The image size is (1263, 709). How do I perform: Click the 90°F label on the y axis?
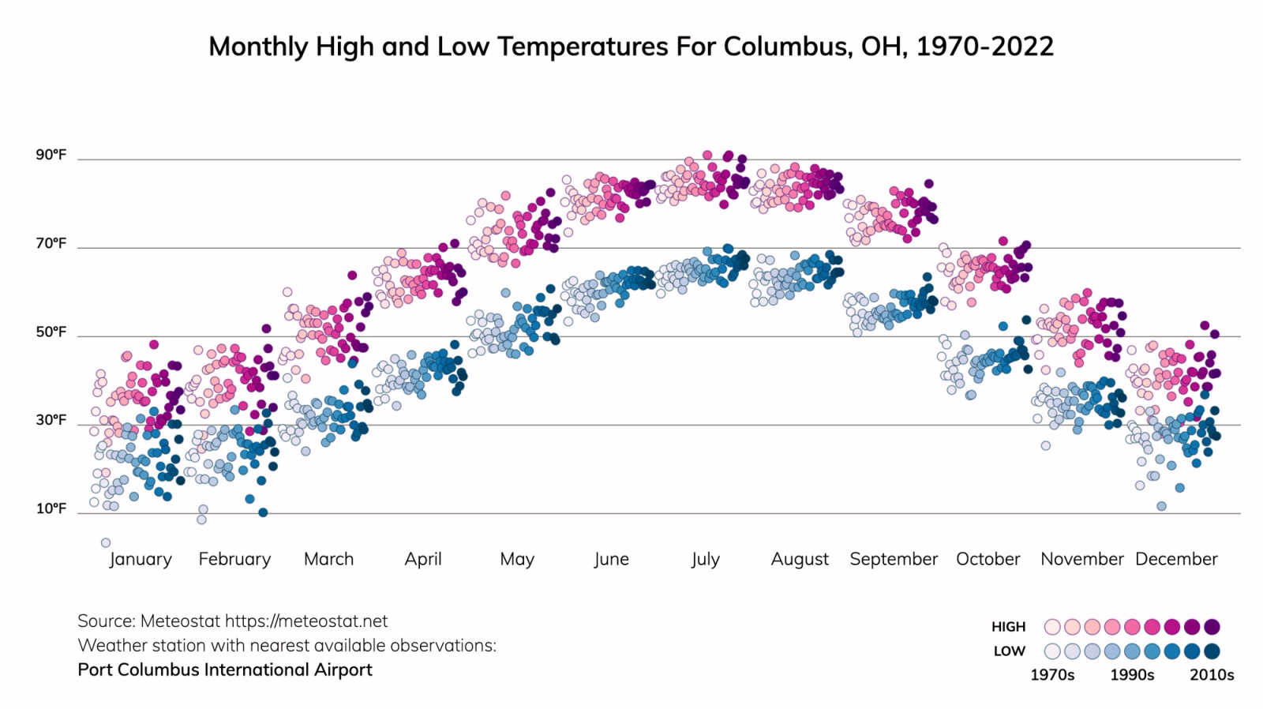51,155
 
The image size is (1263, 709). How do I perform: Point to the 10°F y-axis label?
51,508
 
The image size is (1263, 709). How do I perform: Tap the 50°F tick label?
51,332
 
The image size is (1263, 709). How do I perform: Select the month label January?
141,559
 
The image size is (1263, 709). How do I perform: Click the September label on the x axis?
894,559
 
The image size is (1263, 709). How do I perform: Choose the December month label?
1176,559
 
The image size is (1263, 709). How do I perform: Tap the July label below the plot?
705,559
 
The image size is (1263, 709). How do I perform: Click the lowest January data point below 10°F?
106,542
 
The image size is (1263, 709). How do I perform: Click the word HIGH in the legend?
1008,627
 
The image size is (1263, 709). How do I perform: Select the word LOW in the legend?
1009,651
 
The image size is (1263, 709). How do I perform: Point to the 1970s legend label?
1052,675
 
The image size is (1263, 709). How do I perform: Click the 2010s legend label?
1212,675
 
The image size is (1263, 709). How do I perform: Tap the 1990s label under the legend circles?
1132,675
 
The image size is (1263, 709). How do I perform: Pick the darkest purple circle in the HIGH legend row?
1212,627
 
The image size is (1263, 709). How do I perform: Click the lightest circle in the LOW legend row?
1052,651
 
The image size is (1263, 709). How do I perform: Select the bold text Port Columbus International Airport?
225,670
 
